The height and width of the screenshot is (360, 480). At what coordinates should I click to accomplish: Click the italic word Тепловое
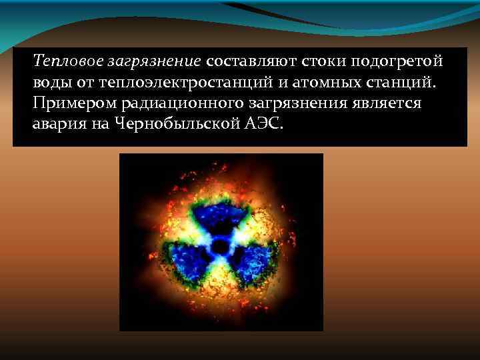(x=61, y=62)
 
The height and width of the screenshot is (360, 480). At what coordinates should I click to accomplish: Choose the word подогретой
(x=399, y=62)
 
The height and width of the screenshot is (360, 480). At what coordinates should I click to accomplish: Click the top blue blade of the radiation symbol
(x=220, y=217)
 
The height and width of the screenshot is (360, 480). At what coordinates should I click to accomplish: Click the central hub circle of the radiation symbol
(x=220, y=247)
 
